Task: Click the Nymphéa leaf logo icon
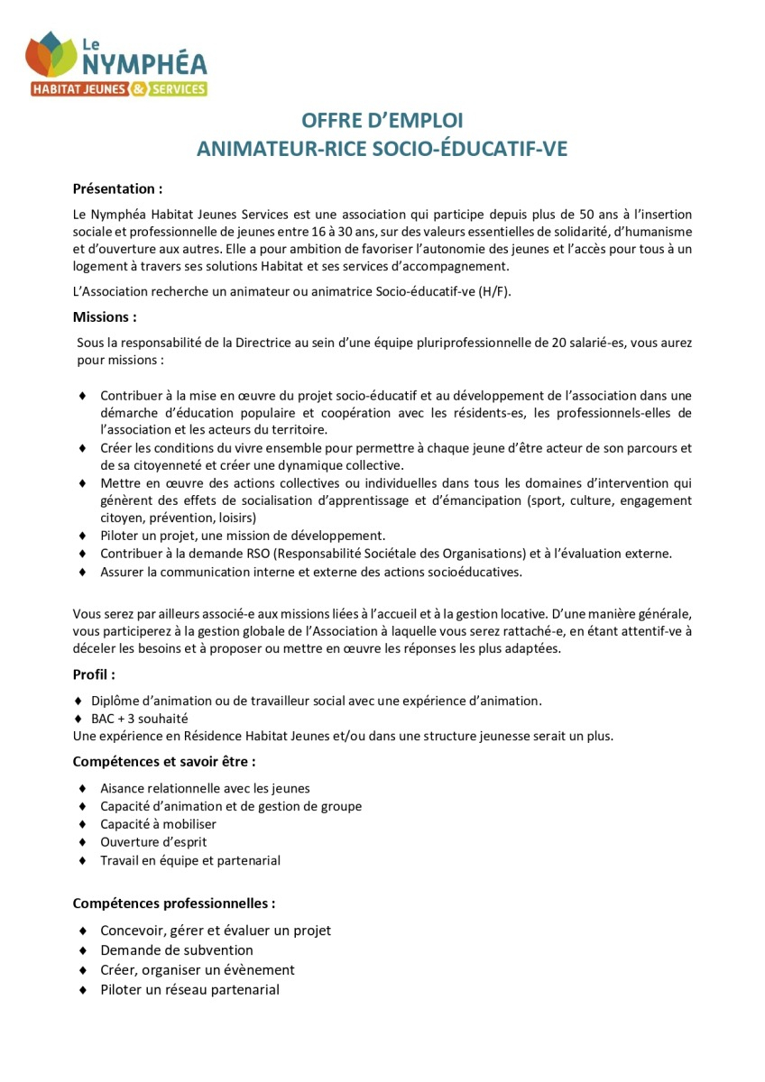[x=51, y=56]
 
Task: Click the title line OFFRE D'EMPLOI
[x=382, y=121]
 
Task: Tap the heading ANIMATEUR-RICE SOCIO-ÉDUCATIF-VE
[x=382, y=149]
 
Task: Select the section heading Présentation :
[x=117, y=188]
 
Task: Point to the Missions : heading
[x=105, y=317]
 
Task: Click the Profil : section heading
[x=94, y=674]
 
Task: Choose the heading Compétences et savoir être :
[x=163, y=761]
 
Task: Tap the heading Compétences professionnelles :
[x=174, y=903]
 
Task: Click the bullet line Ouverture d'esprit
[x=153, y=842]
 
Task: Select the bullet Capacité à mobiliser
[x=158, y=824]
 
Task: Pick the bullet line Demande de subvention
[x=177, y=950]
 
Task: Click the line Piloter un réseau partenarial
[x=189, y=990]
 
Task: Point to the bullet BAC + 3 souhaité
[x=139, y=719]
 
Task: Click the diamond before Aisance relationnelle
[x=82, y=789]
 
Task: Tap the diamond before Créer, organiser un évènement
[x=82, y=970]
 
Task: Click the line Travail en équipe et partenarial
[x=190, y=860]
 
